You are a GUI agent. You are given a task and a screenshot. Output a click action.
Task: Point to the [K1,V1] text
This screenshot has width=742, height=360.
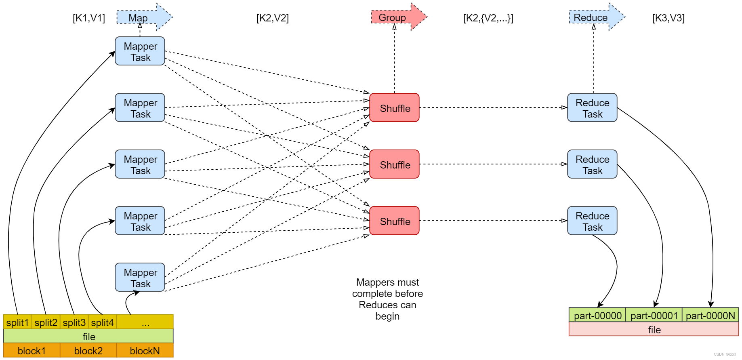pyautogui.click(x=88, y=18)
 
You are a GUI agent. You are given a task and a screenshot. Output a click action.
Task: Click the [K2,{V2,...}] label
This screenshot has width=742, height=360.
pyautogui.click(x=488, y=18)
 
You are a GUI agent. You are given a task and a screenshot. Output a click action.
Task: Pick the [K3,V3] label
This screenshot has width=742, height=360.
pyautogui.click(x=668, y=18)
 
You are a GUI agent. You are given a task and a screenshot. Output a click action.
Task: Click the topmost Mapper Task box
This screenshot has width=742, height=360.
pyautogui.click(x=140, y=51)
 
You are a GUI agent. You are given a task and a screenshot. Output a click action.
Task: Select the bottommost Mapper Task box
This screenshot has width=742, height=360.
pyautogui.click(x=140, y=278)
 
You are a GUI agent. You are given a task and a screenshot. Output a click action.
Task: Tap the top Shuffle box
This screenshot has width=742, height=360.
pyautogui.click(x=394, y=108)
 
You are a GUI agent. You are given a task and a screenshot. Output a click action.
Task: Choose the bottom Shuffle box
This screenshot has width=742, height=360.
pyautogui.click(x=394, y=221)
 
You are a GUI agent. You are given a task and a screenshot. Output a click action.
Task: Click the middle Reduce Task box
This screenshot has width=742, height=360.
pyautogui.click(x=592, y=164)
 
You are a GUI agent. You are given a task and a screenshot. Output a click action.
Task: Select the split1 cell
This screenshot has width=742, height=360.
pyautogui.click(x=17, y=322)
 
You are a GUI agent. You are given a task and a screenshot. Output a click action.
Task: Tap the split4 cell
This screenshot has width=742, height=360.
pyautogui.click(x=102, y=322)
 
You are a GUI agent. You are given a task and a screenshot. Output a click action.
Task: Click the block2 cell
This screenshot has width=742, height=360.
pyautogui.click(x=88, y=351)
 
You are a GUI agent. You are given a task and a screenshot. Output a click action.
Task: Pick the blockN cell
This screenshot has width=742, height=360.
pyautogui.click(x=145, y=351)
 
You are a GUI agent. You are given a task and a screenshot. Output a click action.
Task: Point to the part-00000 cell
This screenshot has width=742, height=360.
pyautogui.click(x=597, y=315)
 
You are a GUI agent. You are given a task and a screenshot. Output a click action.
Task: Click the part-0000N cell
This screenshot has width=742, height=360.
pyautogui.click(x=710, y=315)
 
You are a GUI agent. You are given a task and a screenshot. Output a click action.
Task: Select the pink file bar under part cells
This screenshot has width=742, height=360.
pyautogui.click(x=654, y=330)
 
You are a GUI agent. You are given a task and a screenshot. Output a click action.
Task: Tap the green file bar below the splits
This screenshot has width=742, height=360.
pyautogui.click(x=88, y=337)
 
